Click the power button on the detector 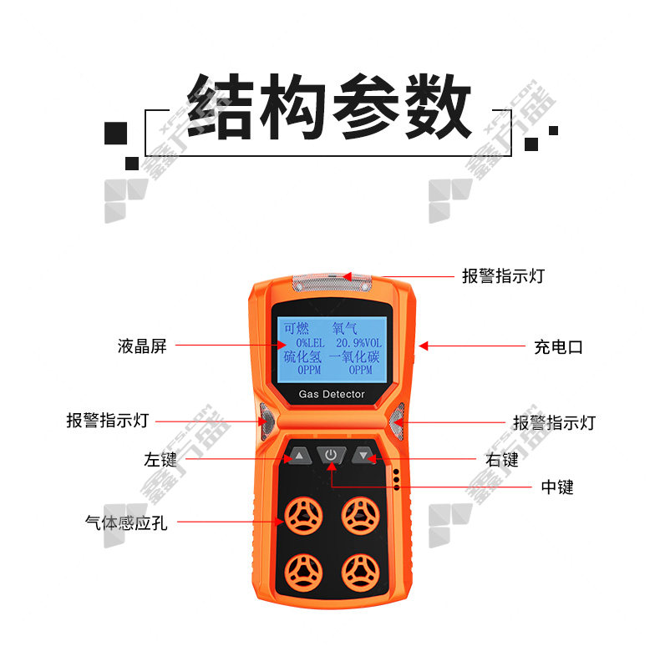point(332,455)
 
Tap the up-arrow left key point(298,456)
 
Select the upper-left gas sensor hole point(303,516)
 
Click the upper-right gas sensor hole point(360,516)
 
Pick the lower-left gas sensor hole point(303,573)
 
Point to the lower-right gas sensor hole point(360,573)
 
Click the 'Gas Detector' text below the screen point(332,394)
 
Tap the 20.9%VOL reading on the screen point(358,343)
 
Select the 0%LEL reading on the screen point(310,343)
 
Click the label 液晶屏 point(142,346)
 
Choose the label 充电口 point(558,347)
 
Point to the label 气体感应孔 point(126,522)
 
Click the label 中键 point(557,487)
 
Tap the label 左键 point(160,459)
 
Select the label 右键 point(502,460)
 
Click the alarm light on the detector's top point(333,282)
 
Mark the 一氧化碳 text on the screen point(354,357)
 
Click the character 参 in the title point(366,106)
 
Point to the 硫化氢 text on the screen point(302,357)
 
